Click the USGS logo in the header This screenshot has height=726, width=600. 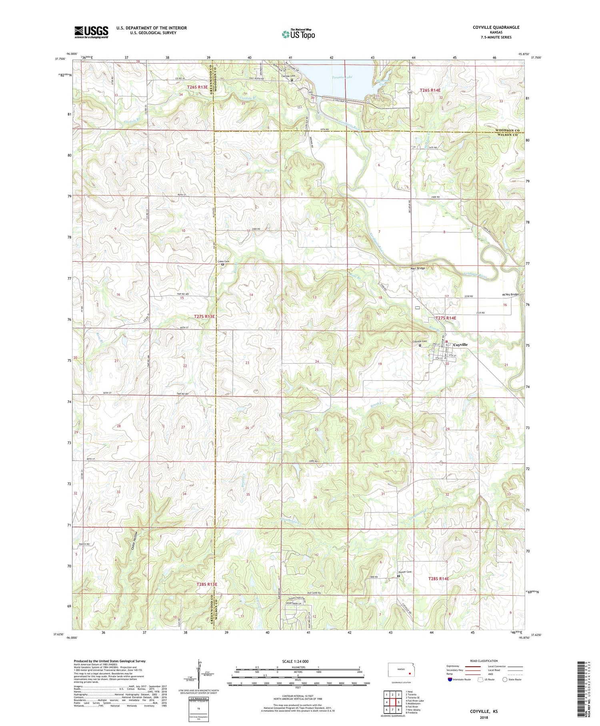91,32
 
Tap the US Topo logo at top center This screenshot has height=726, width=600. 298,34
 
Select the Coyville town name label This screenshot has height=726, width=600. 460,345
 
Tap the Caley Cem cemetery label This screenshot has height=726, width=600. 223,261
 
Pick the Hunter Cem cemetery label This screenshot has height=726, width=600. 405,572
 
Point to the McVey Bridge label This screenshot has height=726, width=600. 510,295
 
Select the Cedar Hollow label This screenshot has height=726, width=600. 135,543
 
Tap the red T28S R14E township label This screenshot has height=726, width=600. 438,579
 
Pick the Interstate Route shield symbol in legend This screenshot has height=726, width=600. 450,680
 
